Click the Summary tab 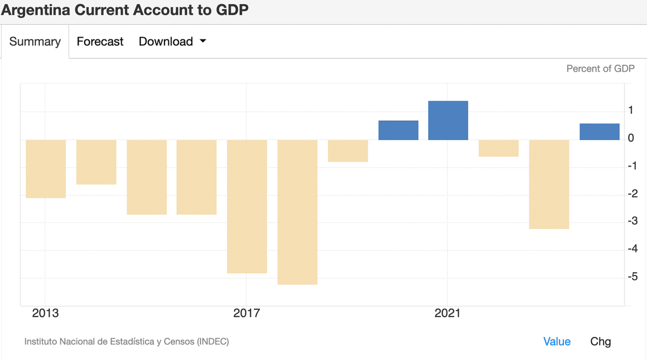click(35, 41)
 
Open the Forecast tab click(100, 41)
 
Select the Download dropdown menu click(172, 41)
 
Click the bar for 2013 click(46, 169)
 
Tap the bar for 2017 click(247, 206)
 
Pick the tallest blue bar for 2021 click(448, 120)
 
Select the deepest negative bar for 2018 click(297, 212)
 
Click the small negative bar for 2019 click(348, 151)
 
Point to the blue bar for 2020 click(398, 130)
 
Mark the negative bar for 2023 click(549, 184)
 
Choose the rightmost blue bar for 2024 click(599, 131)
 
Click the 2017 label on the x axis click(246, 313)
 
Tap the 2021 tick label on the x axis click(448, 313)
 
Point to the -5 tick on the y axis click(634, 277)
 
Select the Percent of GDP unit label click(600, 68)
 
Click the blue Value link click(556, 341)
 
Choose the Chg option click(601, 341)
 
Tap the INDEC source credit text click(127, 341)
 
